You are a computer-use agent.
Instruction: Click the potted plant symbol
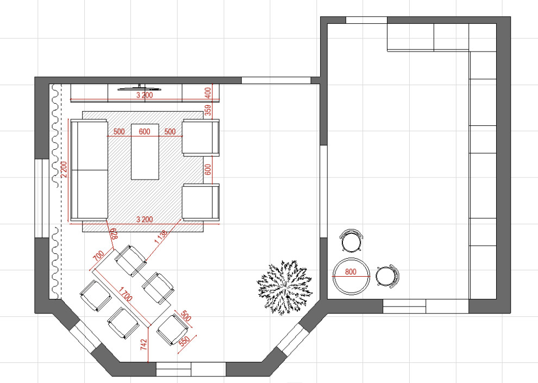[285, 287]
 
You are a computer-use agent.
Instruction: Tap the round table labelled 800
[351, 276]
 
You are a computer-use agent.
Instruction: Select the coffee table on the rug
[145, 151]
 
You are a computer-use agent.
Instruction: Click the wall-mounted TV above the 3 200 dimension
[140, 88]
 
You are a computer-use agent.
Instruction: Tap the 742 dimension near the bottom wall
[143, 344]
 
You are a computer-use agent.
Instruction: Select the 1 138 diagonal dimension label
[161, 237]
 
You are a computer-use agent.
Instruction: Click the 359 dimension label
[208, 110]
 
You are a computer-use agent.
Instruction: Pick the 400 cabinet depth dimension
[208, 93]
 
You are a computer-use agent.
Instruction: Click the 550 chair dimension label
[184, 341]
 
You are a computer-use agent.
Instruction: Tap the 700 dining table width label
[98, 256]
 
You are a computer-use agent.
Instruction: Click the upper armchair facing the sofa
[201, 138]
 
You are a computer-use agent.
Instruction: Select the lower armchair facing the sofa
[201, 202]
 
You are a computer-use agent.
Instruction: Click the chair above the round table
[351, 240]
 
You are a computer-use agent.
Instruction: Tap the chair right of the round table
[388, 276]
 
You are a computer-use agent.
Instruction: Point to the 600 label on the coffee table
[145, 131]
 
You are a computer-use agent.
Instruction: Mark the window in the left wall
[42, 198]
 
